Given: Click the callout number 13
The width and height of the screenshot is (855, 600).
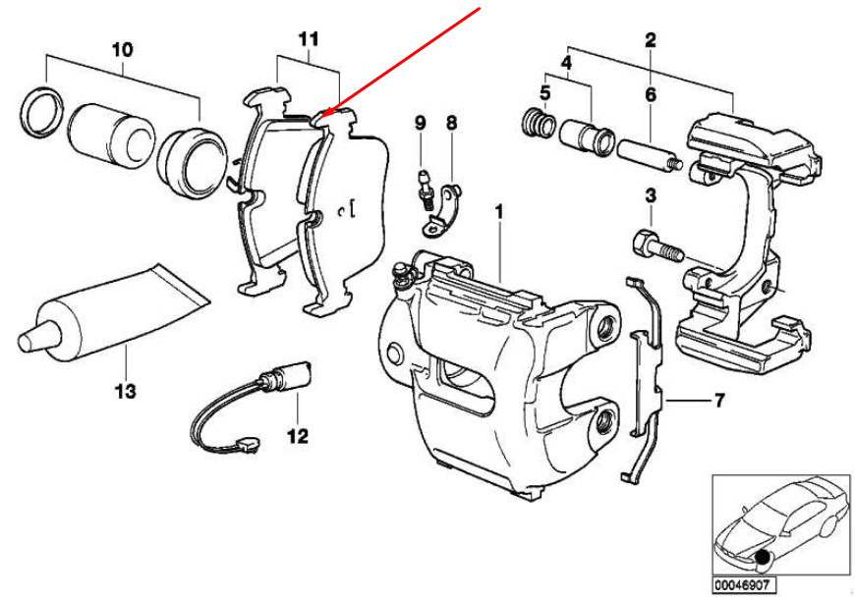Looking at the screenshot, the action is [x=125, y=391].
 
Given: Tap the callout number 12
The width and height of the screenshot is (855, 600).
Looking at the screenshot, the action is [x=298, y=436].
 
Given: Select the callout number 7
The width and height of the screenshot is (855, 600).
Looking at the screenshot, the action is [x=719, y=401].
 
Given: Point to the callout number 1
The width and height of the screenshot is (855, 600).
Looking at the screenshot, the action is [x=498, y=212].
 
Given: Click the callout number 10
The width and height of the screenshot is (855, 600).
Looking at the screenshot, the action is [x=122, y=50].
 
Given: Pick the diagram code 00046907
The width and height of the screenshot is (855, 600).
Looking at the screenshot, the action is [x=742, y=586].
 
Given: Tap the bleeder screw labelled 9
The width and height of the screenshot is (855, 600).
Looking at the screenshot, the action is [x=425, y=188].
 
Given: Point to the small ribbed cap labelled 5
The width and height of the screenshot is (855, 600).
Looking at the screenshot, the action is [x=540, y=123].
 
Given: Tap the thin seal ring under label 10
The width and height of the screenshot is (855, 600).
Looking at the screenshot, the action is [x=42, y=111].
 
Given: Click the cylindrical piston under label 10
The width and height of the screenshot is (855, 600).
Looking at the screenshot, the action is [x=111, y=136].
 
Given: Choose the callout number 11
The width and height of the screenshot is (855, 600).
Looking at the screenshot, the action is [x=309, y=39].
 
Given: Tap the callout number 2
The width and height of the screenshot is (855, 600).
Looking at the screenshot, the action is [x=650, y=40].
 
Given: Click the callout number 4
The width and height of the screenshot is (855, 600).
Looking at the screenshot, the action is [x=567, y=62].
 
